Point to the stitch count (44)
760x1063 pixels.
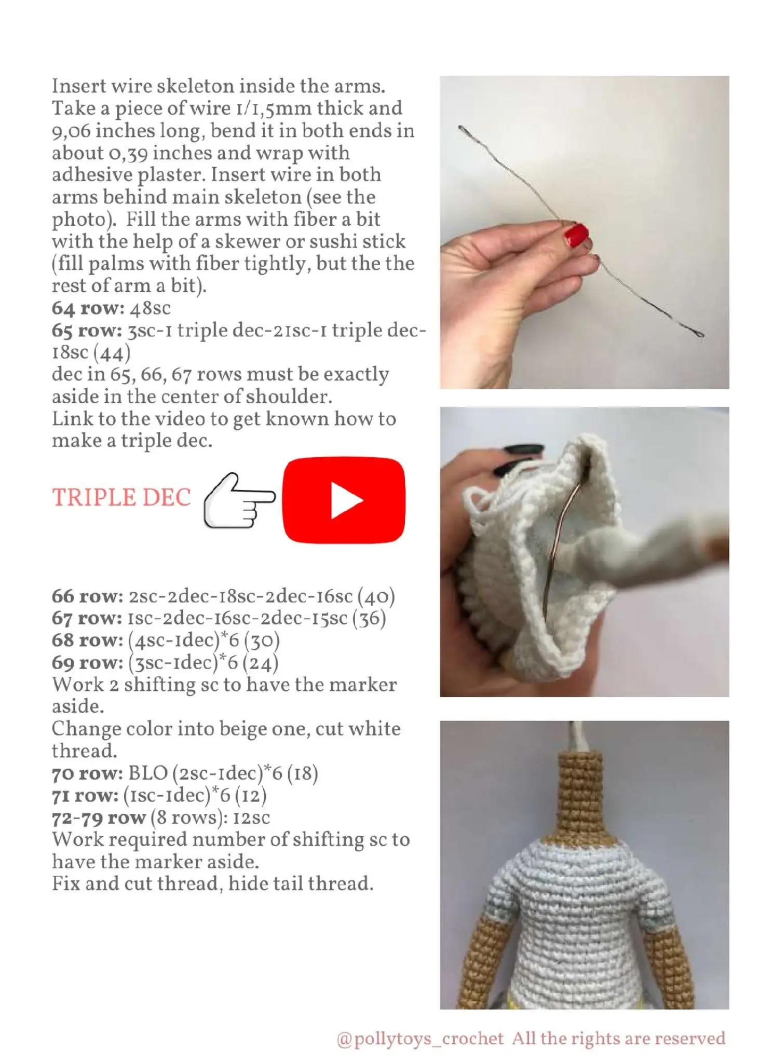click(x=112, y=353)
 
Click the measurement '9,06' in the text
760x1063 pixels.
click(x=71, y=131)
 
